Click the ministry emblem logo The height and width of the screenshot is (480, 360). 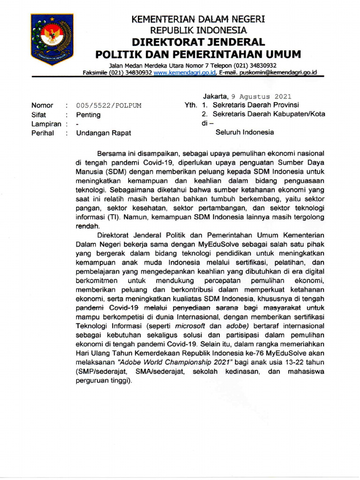coord(52,39)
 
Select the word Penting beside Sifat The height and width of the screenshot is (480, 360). coord(88,114)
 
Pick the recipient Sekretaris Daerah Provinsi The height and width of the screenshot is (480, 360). coord(255,105)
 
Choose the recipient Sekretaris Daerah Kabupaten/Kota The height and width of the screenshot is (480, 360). coord(269,114)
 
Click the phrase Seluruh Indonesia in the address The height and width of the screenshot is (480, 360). coord(244,132)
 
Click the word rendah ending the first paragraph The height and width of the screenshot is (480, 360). coord(88,226)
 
